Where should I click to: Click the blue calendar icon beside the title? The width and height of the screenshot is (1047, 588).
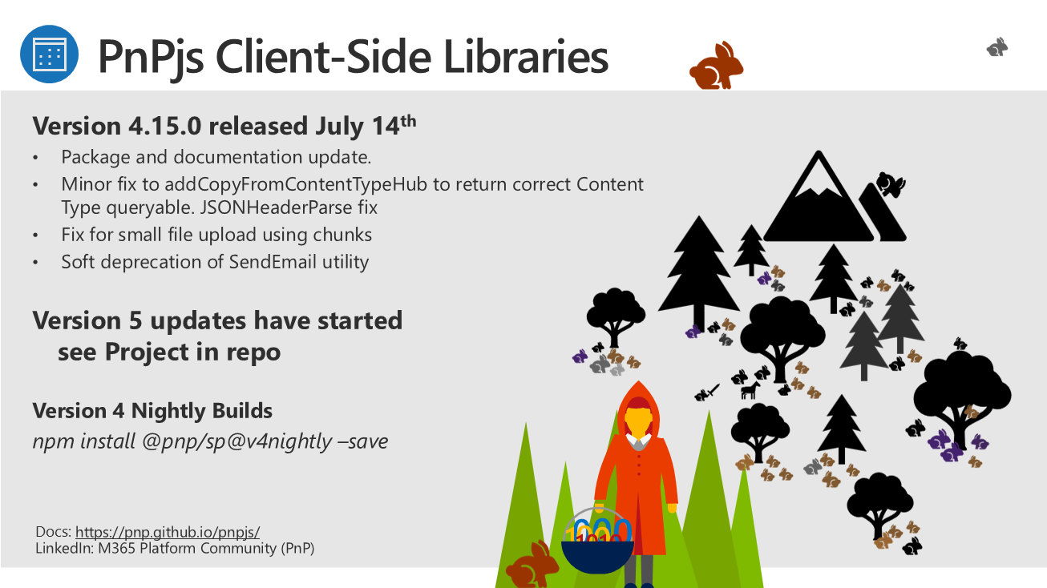(49, 54)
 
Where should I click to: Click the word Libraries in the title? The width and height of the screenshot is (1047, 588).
(526, 57)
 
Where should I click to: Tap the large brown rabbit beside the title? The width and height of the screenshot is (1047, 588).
(716, 66)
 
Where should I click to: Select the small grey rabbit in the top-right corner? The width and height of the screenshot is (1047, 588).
(997, 47)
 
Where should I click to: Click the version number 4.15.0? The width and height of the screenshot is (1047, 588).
(164, 126)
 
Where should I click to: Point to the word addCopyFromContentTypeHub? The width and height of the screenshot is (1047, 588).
(296, 185)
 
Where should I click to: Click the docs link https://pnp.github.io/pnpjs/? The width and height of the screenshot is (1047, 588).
(168, 532)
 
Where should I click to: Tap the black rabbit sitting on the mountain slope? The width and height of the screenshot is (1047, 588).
(891, 184)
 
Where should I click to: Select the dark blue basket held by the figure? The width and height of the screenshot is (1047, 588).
(597, 556)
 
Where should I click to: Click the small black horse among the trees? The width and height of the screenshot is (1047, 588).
(750, 390)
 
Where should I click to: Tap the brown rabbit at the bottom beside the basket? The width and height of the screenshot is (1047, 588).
(532, 565)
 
